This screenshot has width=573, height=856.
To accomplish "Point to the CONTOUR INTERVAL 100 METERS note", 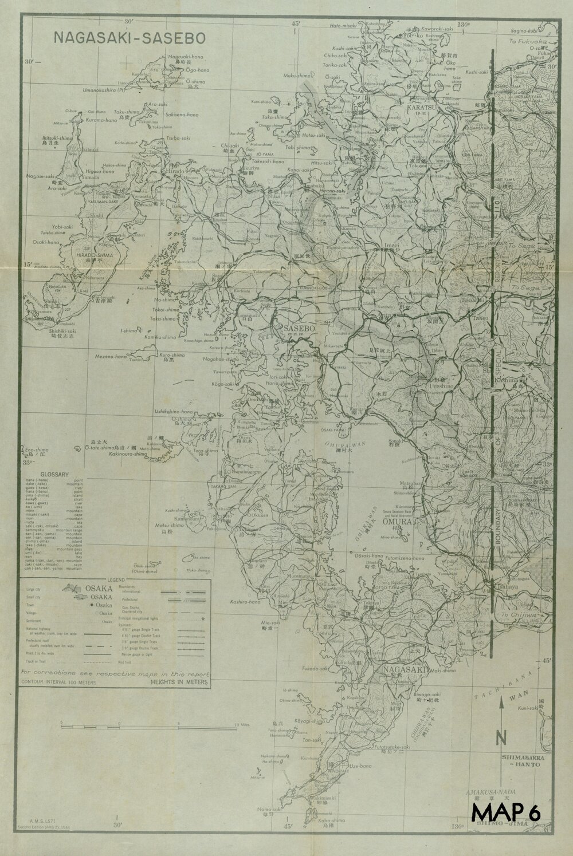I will (59, 682).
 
